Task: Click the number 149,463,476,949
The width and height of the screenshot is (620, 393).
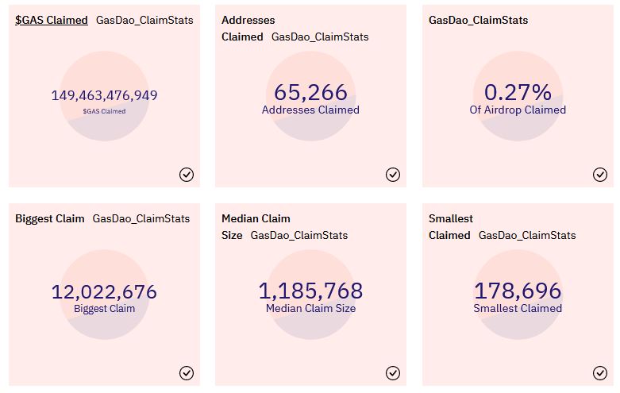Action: click(104, 95)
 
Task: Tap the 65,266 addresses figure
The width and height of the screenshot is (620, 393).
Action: click(310, 92)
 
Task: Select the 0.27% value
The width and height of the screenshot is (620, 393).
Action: click(518, 92)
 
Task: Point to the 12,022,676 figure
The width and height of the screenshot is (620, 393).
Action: click(104, 292)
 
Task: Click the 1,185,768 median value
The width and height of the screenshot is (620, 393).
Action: click(310, 291)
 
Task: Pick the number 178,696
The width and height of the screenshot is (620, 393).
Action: click(518, 291)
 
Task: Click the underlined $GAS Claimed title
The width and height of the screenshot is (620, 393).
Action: click(52, 20)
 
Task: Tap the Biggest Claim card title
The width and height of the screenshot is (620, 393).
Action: click(50, 218)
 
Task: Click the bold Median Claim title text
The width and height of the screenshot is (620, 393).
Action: click(256, 218)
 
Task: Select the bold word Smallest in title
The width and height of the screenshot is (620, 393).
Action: click(451, 218)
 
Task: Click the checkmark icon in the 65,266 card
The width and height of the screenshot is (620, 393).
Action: click(393, 175)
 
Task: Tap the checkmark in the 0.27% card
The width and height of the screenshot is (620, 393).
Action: click(600, 175)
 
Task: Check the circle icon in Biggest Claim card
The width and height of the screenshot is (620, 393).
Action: click(187, 373)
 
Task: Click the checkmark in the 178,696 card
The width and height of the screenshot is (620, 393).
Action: click(600, 373)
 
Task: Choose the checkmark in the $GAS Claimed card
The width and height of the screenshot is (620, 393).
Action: click(187, 175)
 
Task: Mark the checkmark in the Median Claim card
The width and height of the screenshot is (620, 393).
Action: click(393, 373)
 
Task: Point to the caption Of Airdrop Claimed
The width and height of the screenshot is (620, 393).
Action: click(518, 110)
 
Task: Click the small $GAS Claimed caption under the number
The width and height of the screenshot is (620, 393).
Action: click(104, 111)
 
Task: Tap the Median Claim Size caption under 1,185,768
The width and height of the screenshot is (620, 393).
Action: click(310, 308)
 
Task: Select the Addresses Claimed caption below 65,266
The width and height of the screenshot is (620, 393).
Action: click(310, 110)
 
